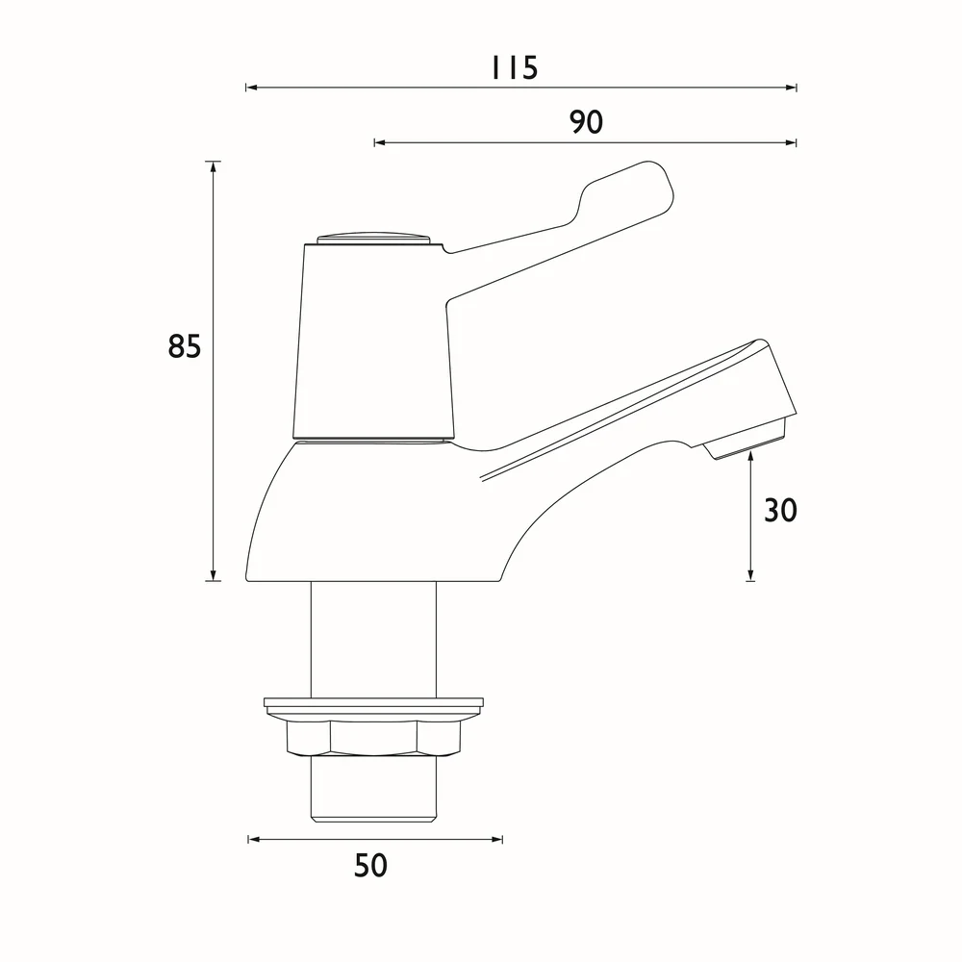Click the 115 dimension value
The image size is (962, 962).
coord(515,67)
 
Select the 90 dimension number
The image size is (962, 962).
coord(587,122)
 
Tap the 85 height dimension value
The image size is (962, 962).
coord(184,346)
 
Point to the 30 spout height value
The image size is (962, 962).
coord(780,510)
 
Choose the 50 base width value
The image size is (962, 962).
coord(370,865)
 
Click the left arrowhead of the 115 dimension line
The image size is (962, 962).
coord(251,88)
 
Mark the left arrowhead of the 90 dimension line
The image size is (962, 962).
coord(380,143)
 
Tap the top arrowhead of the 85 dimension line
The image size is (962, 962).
coord(214,167)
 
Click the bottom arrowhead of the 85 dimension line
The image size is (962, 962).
coord(214,575)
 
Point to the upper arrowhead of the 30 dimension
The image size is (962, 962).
coord(750,457)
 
